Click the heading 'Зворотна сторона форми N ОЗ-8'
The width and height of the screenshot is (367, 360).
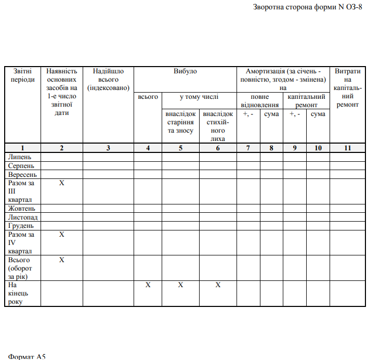point(307,7)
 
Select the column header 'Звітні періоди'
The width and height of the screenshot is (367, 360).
point(22,75)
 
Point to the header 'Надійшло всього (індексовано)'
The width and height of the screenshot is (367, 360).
point(108,80)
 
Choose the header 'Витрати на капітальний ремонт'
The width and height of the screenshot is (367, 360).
point(348,87)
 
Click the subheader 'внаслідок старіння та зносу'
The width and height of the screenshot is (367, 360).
point(180,122)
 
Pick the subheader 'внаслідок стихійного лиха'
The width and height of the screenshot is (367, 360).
point(218,126)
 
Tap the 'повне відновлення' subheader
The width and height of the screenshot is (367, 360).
point(260,101)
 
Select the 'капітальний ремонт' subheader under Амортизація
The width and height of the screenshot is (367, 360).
point(306,101)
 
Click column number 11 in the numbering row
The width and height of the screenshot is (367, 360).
point(348,148)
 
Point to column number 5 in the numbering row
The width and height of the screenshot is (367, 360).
point(180,148)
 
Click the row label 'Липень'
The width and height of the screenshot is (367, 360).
point(20,157)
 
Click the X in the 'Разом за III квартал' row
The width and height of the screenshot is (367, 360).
point(61,183)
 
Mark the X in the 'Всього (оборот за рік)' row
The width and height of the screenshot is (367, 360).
point(61,260)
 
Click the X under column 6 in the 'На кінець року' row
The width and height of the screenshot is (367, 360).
point(218,285)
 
